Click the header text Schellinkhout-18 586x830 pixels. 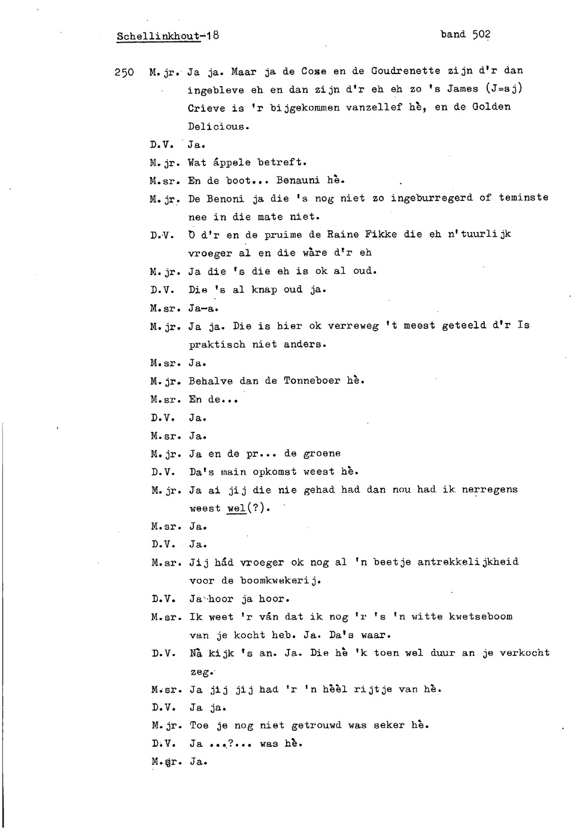pos(168,36)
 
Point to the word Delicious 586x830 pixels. pos(217,126)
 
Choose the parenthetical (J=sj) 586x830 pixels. pos(505,89)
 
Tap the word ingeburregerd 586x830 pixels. pos(432,198)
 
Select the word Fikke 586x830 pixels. pos(381,234)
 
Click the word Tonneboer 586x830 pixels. pos(311,381)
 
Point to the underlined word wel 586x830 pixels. pos(236,508)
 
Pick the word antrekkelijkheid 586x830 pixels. pos(467,562)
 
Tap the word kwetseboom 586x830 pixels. pos(481,617)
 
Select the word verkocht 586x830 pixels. pos(524,653)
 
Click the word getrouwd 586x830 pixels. pos(316,725)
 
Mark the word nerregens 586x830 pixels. pos(490,490)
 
